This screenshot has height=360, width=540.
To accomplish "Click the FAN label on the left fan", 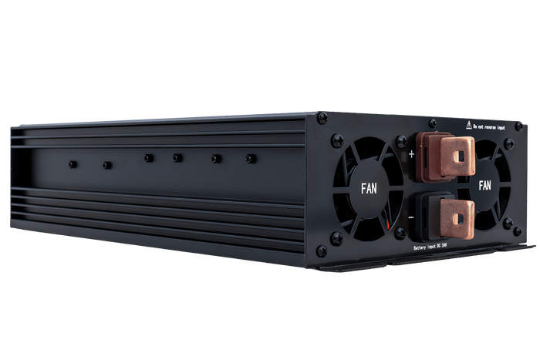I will tap(369, 187).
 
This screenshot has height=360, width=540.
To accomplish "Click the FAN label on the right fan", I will tap(485, 185).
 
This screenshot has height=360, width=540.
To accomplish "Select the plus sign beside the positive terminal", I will tap(411, 153).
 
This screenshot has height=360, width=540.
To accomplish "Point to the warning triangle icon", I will tap(467, 122).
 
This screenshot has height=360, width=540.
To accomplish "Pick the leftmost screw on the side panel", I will tap(72, 164).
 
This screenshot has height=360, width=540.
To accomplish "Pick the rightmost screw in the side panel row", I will tap(249, 158).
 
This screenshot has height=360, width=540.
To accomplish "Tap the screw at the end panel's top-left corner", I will tap(322, 117).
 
